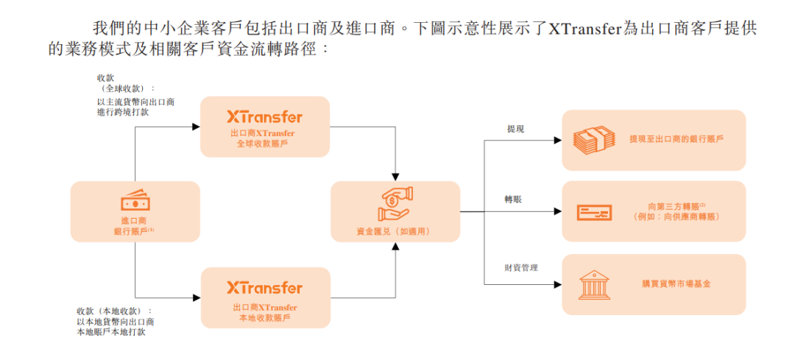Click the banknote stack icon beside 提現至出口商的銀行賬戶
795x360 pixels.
pos(593,139)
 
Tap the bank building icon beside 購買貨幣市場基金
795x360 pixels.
pos(593,283)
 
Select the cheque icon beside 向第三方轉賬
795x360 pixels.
pos(593,213)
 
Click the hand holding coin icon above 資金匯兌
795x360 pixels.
pos(395,204)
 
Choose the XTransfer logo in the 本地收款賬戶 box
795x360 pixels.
pos(265,288)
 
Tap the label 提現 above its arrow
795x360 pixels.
pos(515,130)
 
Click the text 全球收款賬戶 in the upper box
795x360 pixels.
pos(264,144)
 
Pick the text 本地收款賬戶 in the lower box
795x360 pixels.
pos(264,318)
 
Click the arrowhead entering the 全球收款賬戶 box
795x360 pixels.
pos(197,127)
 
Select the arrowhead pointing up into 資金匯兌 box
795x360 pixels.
pos(395,246)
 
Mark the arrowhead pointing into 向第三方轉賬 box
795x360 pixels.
pos(557,212)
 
